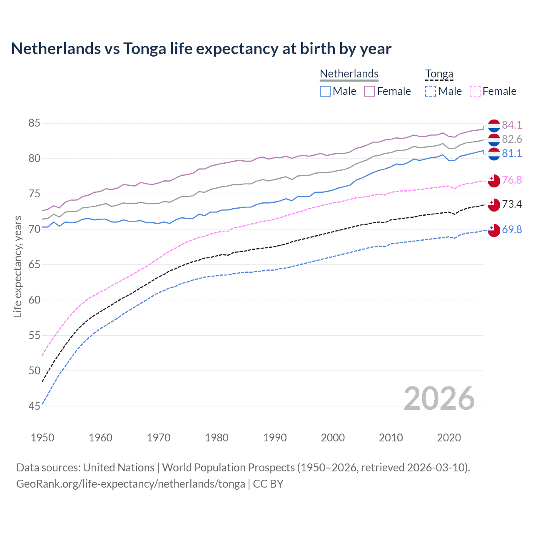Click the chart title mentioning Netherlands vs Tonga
(201, 49)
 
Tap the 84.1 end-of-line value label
(511, 125)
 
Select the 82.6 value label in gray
(511, 139)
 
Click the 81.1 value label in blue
(511, 153)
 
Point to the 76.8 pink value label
(511, 180)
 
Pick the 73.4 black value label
(511, 204)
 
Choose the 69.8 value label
(511, 229)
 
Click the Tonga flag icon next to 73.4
(494, 204)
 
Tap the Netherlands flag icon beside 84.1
(494, 125)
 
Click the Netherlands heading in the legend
(349, 74)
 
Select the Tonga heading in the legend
(439, 74)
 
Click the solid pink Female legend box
(369, 91)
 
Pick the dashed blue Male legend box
(431, 91)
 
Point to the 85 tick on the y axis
(34, 123)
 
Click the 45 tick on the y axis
(34, 406)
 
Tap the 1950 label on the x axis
(42, 438)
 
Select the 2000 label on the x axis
(333, 438)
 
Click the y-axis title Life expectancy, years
(17, 266)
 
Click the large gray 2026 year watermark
(439, 399)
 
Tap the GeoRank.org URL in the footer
(131, 484)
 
